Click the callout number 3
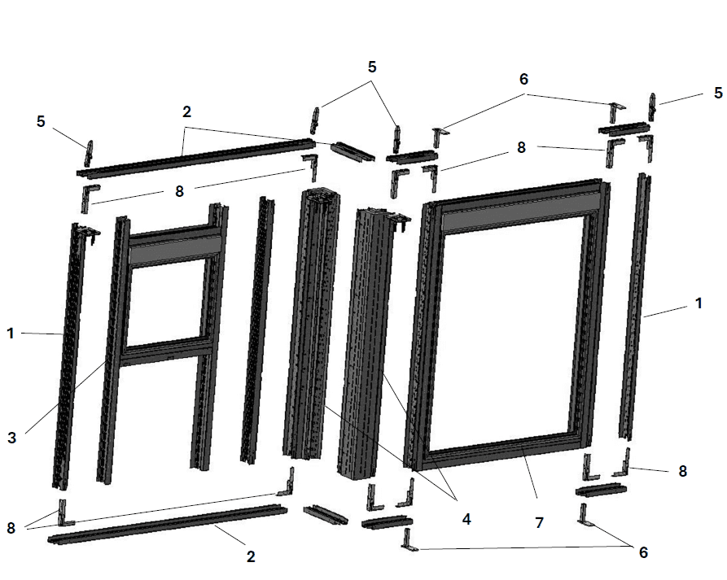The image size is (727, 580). tap(11, 438)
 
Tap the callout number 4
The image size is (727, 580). tap(466, 519)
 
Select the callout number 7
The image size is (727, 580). tap(539, 522)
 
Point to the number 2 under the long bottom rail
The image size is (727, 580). tap(251, 556)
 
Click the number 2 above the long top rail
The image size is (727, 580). tap(186, 111)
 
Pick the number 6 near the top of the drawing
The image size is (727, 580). tap(523, 79)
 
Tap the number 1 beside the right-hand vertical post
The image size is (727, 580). tap(699, 303)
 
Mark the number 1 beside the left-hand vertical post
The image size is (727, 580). tap(11, 333)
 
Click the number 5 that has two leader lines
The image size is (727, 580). tap(372, 68)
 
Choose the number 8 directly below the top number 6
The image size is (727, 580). tap(522, 147)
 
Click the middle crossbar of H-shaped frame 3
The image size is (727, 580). tap(168, 351)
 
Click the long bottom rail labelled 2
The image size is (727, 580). tap(168, 525)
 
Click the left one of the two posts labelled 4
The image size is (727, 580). tap(311, 324)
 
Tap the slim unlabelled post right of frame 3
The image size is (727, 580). tap(258, 329)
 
